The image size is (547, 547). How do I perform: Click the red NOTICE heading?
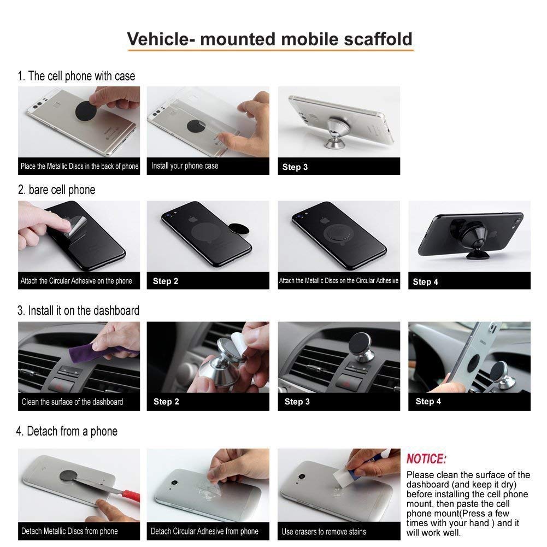(426, 458)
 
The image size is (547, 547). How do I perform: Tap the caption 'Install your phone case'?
(185, 166)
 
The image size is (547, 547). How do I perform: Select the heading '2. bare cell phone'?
(56, 190)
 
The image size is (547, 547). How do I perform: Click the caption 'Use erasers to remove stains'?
(324, 531)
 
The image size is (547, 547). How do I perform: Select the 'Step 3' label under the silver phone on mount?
(295, 167)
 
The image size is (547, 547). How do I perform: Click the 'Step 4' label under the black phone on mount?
(425, 281)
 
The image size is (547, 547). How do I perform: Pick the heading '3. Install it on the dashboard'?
(78, 310)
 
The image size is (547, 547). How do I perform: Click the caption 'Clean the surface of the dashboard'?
(72, 402)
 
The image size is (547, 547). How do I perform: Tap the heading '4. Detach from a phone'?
(67, 431)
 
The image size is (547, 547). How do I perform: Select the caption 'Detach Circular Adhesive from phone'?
(204, 531)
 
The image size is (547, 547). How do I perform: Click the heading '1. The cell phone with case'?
(77, 76)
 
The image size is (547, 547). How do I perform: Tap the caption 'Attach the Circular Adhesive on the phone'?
(76, 280)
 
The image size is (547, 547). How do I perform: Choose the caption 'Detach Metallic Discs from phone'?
(69, 531)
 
